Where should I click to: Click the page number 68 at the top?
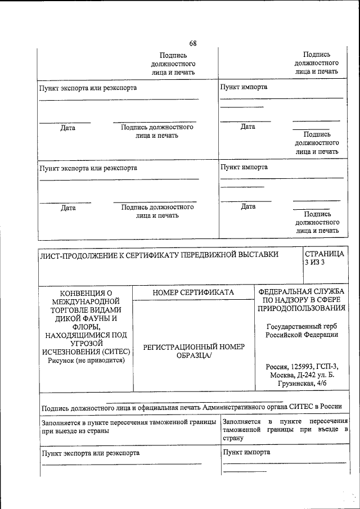coord(193,43)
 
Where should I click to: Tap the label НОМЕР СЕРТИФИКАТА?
coord(193,292)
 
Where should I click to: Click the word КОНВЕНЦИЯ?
coord(86,293)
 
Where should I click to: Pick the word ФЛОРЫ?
coord(86,327)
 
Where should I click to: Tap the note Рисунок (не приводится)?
coord(86,361)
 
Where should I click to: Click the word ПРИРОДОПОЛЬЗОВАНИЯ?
coord(301,309)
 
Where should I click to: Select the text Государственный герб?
coord(301,327)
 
